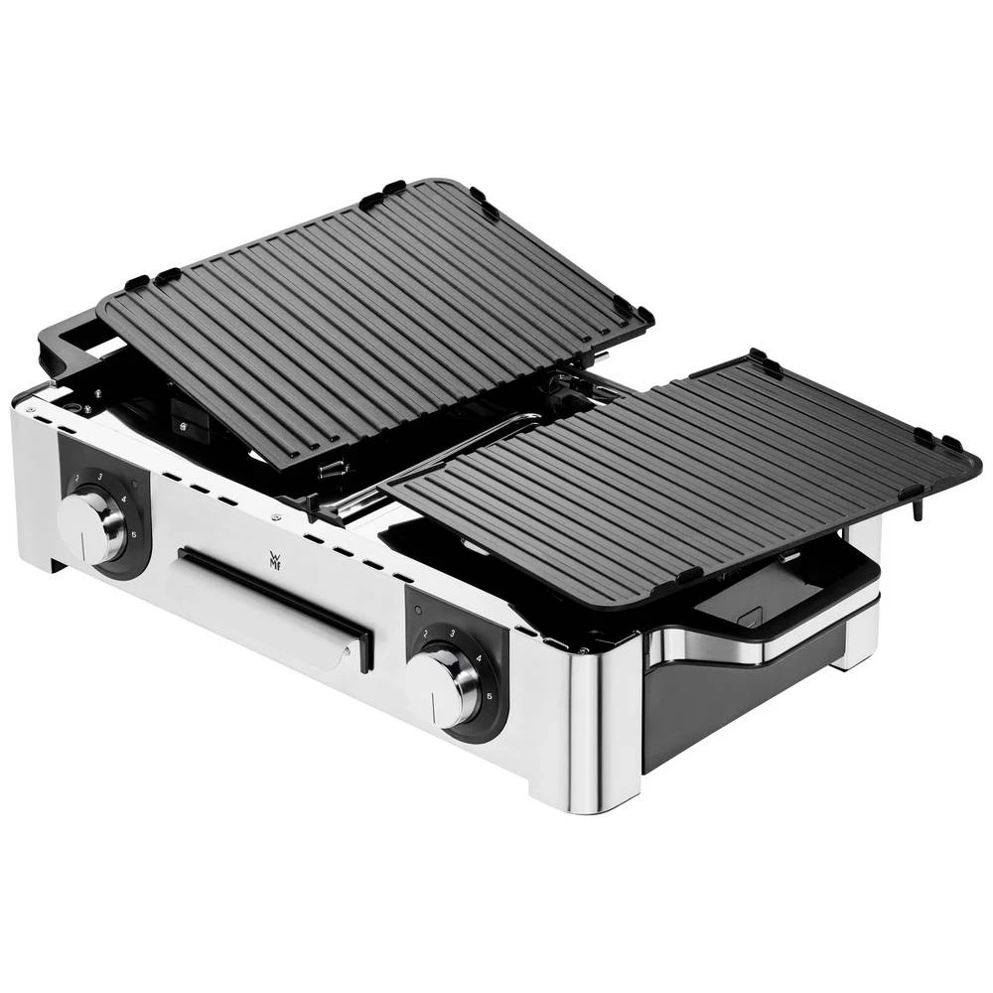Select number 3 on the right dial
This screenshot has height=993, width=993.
coord(452,633)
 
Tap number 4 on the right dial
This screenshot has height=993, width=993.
coord(480,658)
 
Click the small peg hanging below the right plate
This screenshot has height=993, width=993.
coord(917,508)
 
